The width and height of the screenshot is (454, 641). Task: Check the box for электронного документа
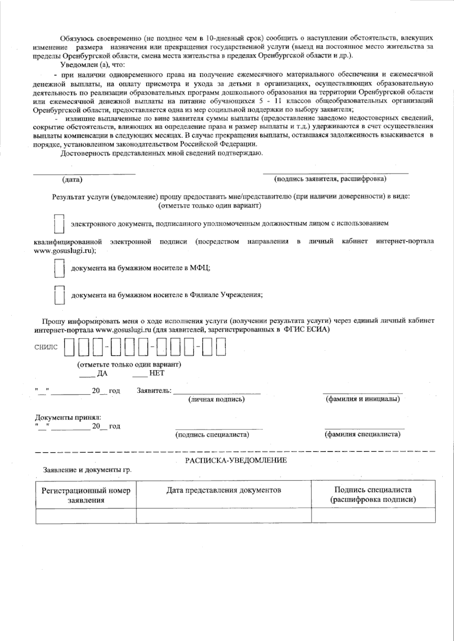(59, 224)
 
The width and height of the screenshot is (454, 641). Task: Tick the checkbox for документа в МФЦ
(59, 268)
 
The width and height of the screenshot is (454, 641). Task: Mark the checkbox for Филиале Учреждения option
(59, 295)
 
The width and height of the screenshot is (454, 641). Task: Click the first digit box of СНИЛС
(69, 347)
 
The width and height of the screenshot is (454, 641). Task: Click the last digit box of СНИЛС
(221, 347)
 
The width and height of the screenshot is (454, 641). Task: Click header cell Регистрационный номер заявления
(86, 495)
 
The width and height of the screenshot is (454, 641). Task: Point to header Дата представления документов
(224, 490)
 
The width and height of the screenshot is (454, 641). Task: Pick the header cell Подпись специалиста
(373, 495)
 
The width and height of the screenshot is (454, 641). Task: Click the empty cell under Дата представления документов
(224, 516)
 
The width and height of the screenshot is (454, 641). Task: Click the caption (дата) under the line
(72, 179)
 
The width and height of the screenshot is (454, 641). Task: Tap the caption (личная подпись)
(216, 399)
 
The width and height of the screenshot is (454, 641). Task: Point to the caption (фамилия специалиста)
(362, 434)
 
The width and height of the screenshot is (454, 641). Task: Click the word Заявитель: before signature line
(154, 391)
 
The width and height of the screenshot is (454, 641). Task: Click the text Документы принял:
(68, 418)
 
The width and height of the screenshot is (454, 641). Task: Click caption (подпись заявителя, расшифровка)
(330, 179)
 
